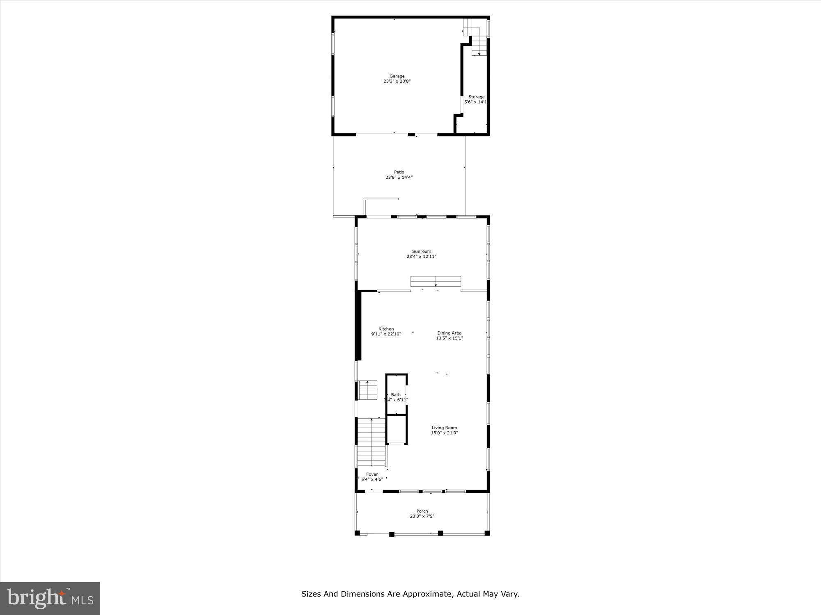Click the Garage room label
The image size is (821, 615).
[x=397, y=76]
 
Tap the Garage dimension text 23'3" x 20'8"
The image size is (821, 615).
[x=397, y=82]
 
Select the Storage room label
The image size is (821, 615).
[x=476, y=97]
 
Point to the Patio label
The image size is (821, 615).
[x=399, y=172]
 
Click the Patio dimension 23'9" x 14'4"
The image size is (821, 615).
[x=399, y=178]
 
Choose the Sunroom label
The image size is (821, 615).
[x=422, y=251]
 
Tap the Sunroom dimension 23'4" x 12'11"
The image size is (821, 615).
[x=422, y=257]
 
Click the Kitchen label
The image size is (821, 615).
[x=386, y=329]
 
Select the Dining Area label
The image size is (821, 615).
[x=449, y=333]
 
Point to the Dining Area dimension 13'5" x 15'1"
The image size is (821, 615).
[x=449, y=338]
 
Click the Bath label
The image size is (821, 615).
[x=396, y=395]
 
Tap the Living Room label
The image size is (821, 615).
[x=444, y=428]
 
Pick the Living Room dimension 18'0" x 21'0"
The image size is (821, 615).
[x=444, y=433]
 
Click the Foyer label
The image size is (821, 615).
[x=372, y=474]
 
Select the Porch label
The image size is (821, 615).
[x=422, y=511]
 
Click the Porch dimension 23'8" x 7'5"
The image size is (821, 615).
[x=422, y=517]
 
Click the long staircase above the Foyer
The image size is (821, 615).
[x=372, y=442]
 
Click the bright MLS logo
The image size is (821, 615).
[x=50, y=598]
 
